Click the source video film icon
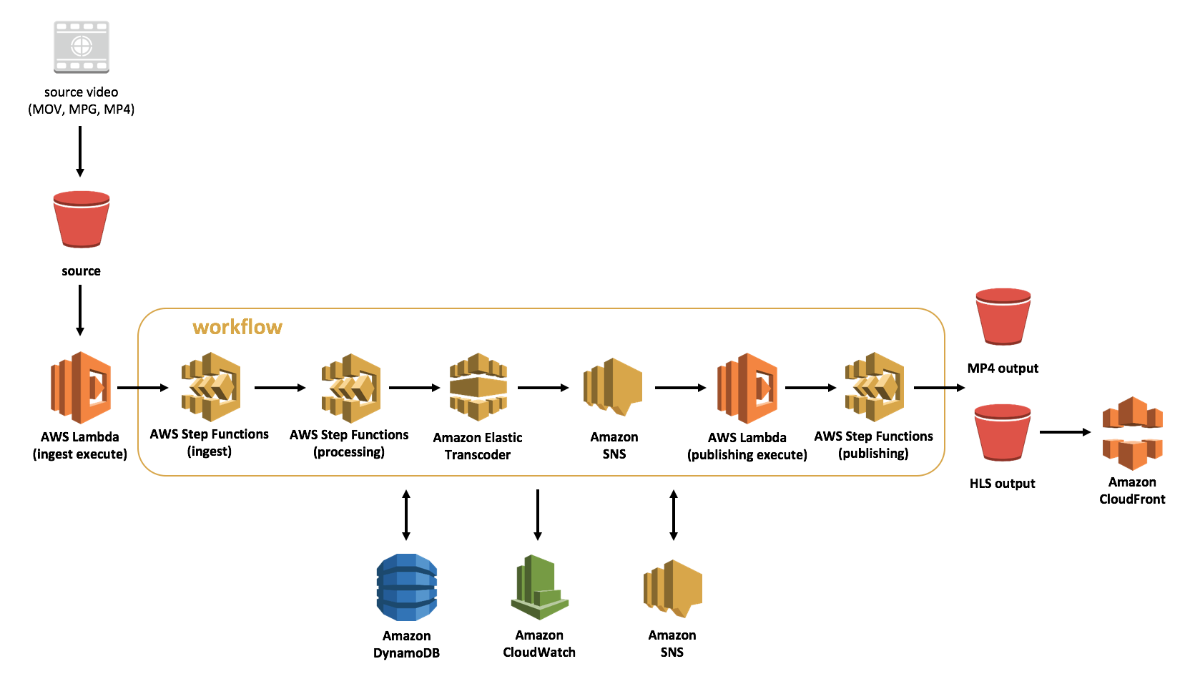[82, 47]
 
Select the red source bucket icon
[82, 220]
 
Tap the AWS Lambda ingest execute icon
[81, 387]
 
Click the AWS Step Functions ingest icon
[210, 387]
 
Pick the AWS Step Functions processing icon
[350, 388]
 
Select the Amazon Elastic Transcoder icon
[478, 387]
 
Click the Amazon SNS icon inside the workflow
[613, 387]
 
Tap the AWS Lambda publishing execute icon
[747, 388]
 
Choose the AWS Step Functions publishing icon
[874, 387]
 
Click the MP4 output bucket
[1003, 317]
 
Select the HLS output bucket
[1003, 432]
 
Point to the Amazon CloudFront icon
[1132, 433]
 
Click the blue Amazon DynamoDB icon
[406, 587]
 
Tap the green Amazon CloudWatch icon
[539, 587]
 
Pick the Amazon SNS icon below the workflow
[673, 588]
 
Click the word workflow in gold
[237, 327]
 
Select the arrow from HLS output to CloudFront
[1065, 432]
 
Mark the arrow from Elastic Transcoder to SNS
[543, 388]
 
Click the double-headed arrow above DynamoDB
[406, 514]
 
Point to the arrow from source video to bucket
[80, 151]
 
